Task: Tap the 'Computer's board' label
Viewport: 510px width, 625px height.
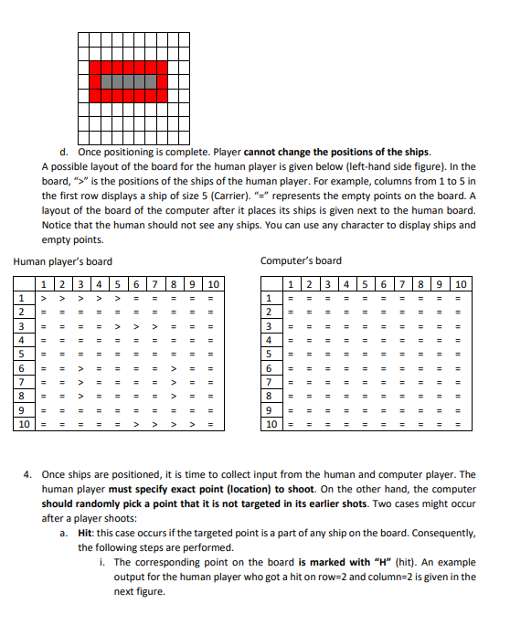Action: tap(301, 261)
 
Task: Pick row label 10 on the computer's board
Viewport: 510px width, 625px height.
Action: tap(271, 425)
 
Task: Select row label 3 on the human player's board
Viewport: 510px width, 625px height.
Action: tap(21, 326)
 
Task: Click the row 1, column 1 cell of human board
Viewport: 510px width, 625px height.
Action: tap(42, 298)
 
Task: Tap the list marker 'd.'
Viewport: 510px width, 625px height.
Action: tap(63, 152)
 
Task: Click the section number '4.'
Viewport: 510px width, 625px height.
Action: tap(29, 474)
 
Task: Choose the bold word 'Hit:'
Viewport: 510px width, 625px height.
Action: tap(89, 533)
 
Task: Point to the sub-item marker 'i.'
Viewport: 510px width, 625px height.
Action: tap(102, 563)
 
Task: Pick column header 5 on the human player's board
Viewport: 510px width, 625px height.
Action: tap(118, 284)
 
